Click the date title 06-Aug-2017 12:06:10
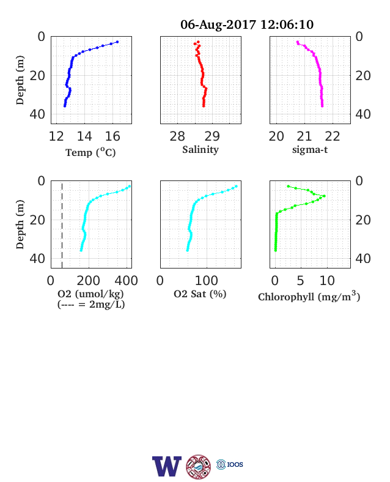(x=247, y=24)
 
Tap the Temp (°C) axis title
(x=90, y=152)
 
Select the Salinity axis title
(x=201, y=150)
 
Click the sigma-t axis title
(x=310, y=150)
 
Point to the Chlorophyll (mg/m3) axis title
(x=309, y=296)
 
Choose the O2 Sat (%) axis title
(x=200, y=294)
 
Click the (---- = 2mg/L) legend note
(x=91, y=305)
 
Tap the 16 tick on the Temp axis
(x=112, y=136)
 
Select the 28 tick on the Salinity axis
(x=177, y=136)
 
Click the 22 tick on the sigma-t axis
(x=333, y=136)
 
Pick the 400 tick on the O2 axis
(x=126, y=281)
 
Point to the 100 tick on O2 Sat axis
(x=207, y=281)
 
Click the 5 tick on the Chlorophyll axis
(x=300, y=281)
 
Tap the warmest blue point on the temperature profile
(x=117, y=42)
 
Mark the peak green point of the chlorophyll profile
(x=324, y=196)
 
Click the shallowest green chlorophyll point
(x=288, y=187)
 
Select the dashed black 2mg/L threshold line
(x=62, y=226)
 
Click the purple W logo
(x=167, y=466)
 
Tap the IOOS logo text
(x=235, y=464)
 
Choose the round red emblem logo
(x=199, y=467)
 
